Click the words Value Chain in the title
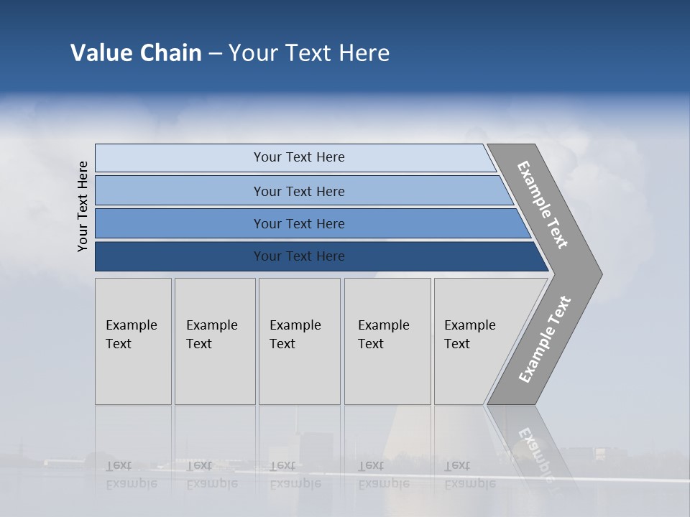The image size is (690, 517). [136, 53]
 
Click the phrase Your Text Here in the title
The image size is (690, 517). [308, 53]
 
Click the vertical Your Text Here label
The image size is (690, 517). [83, 206]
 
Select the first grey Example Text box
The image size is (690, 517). [133, 341]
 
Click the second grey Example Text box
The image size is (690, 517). [214, 341]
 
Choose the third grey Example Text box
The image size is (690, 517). [299, 341]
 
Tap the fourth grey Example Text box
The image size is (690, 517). [387, 341]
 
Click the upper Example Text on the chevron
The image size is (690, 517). [543, 205]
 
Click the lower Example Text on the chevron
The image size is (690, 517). [545, 339]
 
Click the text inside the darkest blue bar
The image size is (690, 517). [299, 256]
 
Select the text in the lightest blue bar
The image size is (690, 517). [299, 157]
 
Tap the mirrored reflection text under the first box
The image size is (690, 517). [131, 475]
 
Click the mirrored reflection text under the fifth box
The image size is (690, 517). [469, 475]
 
